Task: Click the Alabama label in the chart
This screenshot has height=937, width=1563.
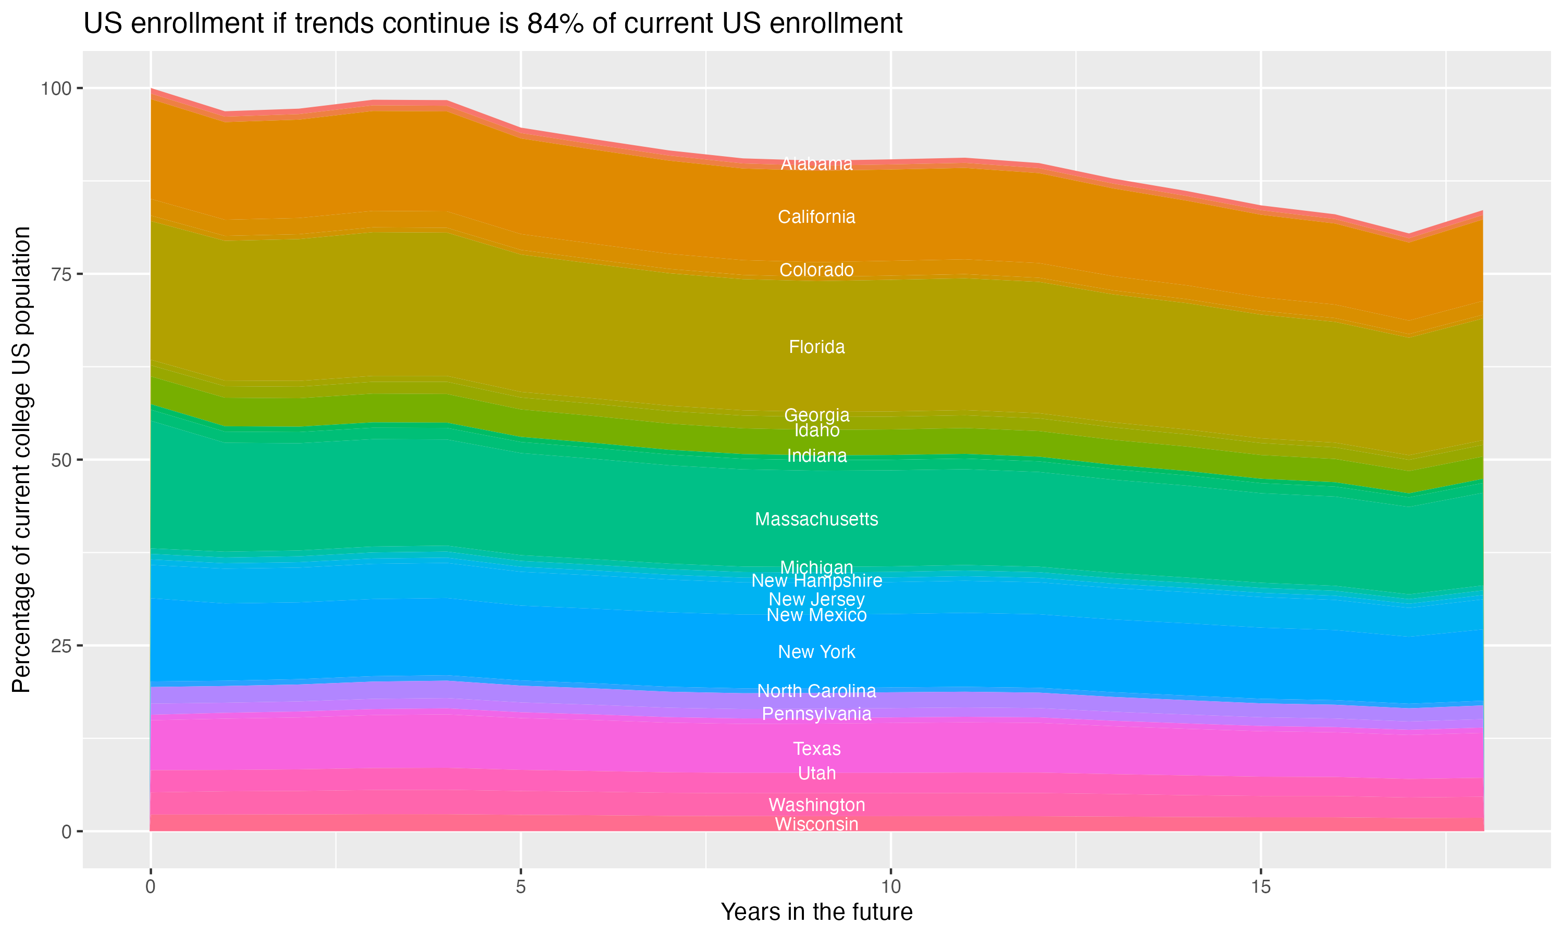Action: [x=816, y=164]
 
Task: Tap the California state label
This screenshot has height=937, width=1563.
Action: [x=816, y=217]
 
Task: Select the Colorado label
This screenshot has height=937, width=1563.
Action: [x=816, y=270]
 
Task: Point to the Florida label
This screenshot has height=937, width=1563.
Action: [x=816, y=347]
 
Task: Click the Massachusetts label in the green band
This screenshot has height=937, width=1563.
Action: [x=816, y=520]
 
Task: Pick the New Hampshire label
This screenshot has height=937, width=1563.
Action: [x=816, y=581]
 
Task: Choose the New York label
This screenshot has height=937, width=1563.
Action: [x=816, y=652]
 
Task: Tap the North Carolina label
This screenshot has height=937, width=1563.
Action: [x=816, y=691]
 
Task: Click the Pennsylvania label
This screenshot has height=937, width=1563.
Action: [x=816, y=714]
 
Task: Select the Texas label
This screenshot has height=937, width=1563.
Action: [x=816, y=749]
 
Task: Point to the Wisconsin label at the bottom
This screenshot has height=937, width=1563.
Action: [x=816, y=825]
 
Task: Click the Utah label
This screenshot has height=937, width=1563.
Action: [x=816, y=774]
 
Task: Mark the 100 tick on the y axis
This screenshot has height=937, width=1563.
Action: [x=56, y=88]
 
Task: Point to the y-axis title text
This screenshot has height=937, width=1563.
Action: [x=21, y=460]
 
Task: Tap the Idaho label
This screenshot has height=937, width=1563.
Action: [x=816, y=430]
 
